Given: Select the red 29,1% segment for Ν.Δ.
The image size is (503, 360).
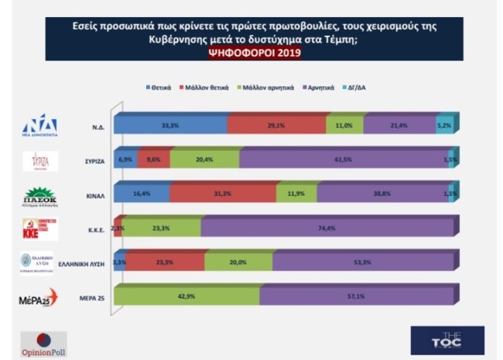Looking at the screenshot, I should (276, 123).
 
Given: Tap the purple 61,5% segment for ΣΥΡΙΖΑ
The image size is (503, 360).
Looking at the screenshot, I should (343, 158).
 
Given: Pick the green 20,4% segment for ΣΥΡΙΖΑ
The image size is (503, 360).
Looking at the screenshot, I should (204, 158).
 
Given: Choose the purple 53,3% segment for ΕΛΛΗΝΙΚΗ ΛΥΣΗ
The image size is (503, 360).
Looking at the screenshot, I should (358, 262).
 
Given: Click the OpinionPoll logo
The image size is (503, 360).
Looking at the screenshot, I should (43, 344).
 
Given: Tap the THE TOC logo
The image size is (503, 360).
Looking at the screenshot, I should (446, 340).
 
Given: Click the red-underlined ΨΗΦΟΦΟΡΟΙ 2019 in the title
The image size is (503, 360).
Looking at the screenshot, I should (251, 53).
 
